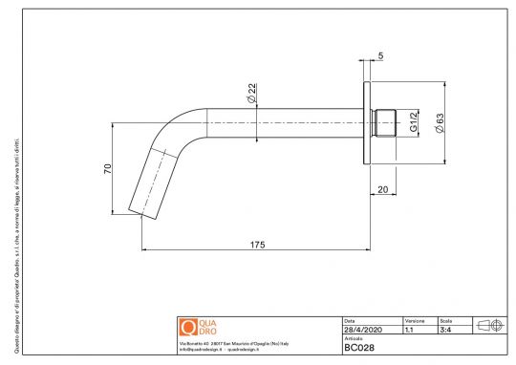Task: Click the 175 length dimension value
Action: coord(257,246)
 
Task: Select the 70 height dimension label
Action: coord(109,169)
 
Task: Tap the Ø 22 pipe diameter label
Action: coord(250,95)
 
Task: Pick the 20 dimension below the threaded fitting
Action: coord(382,190)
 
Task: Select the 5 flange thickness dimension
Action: coord(380,56)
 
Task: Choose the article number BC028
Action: coord(358,348)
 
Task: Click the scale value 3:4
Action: coord(445,330)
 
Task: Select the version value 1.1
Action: coord(409,330)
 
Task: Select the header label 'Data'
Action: coord(349,320)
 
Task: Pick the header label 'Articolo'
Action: coord(353,338)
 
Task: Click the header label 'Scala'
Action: coord(444,320)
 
